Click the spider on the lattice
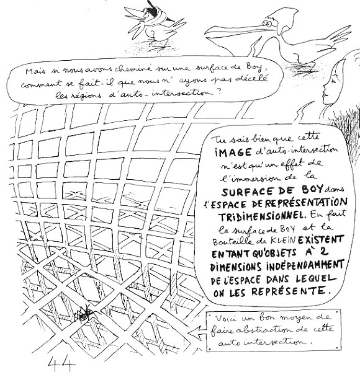pos(84,314)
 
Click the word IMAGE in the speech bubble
pos(233,152)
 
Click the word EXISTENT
pos(320,240)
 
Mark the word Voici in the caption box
pos(226,319)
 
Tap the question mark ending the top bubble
pos(218,92)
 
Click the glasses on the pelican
pos(267,24)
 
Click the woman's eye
pos(334,81)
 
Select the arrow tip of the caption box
pos(189,333)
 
